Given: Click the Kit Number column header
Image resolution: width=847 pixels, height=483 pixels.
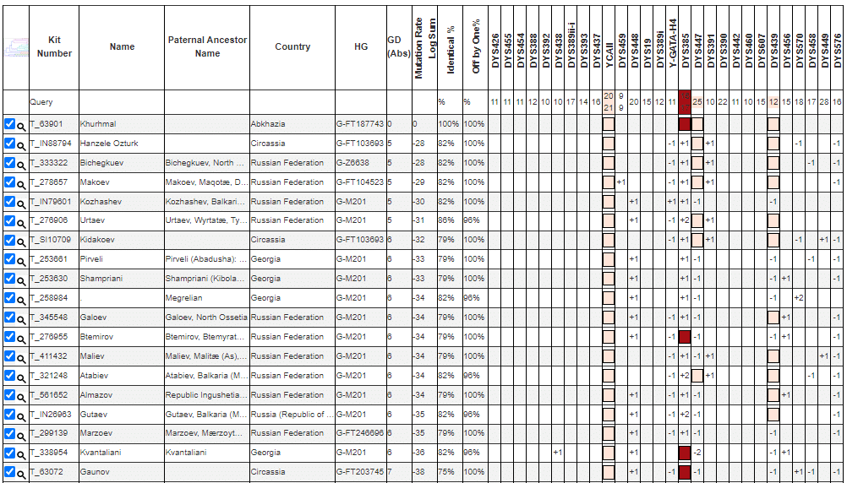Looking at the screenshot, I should click(54, 46).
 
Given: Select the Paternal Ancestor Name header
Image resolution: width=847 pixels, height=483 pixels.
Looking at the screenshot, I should click(207, 46).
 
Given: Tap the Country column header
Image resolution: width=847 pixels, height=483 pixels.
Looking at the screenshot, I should click(292, 46).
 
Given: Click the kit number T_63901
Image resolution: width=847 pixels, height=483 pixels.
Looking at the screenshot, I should click(50, 124).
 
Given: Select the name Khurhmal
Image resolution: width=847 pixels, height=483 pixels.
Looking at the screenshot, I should click(98, 124).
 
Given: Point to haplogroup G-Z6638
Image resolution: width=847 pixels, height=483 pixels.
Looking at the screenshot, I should click(354, 163).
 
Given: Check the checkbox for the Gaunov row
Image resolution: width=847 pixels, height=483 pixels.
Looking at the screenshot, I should click(9, 472).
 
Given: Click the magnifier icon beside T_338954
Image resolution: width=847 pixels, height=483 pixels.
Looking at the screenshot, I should click(21, 453).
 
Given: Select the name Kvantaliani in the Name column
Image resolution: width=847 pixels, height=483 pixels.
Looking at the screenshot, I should click(102, 453).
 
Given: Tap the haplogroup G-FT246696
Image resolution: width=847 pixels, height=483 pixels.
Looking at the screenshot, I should click(359, 433).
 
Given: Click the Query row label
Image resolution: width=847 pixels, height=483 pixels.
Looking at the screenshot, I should click(41, 102).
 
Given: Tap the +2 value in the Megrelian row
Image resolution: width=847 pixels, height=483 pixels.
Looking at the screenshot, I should click(798, 298).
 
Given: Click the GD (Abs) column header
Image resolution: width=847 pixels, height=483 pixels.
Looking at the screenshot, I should click(394, 46).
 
